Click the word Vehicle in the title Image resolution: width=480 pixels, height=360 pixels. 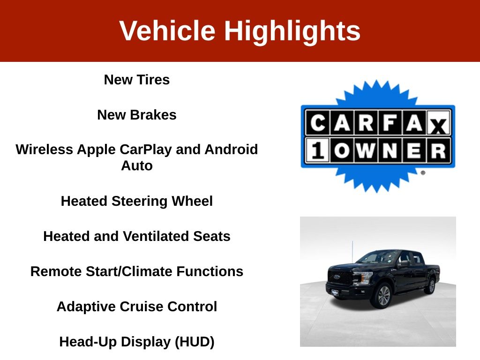pyautogui.click(x=167, y=30)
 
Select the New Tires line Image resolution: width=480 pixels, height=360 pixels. pyautogui.click(x=137, y=80)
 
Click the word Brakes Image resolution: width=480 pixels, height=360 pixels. pyautogui.click(x=153, y=115)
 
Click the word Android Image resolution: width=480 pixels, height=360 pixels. pyautogui.click(x=231, y=150)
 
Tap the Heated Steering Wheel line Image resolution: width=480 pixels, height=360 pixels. pyautogui.click(x=137, y=202)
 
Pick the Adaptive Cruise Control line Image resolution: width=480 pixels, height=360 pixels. pyautogui.click(x=137, y=307)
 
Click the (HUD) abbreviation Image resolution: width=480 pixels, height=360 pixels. pyautogui.click(x=195, y=342)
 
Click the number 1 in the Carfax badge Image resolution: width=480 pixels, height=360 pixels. pyautogui.click(x=317, y=150)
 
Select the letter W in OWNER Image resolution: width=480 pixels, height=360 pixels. pyautogui.click(x=366, y=150)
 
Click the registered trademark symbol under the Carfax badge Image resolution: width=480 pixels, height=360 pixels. pyautogui.click(x=423, y=172)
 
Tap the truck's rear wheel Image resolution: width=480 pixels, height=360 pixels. pyautogui.click(x=432, y=286)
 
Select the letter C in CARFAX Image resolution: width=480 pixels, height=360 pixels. pyautogui.click(x=318, y=123)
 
